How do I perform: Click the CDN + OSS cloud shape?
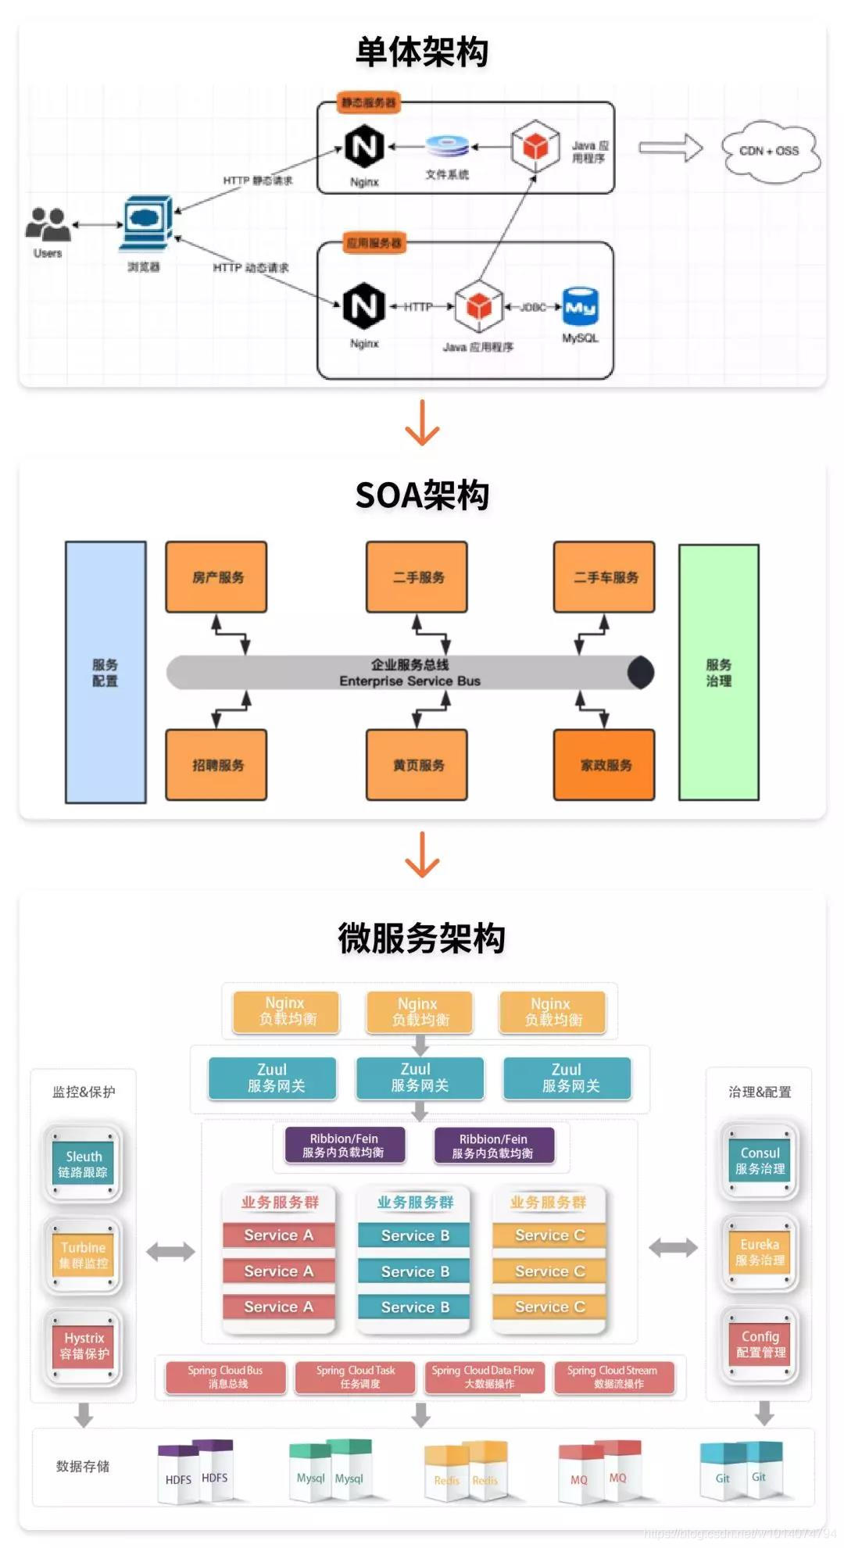click(x=769, y=151)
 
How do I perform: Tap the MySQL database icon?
click(x=581, y=306)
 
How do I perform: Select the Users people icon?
click(x=48, y=224)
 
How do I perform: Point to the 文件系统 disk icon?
click(x=447, y=146)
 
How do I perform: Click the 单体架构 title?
click(x=422, y=52)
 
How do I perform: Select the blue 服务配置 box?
click(x=105, y=672)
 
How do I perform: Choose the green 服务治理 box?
click(x=718, y=672)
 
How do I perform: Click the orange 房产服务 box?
click(x=216, y=577)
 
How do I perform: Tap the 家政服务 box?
click(x=604, y=764)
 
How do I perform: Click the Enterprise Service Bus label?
click(x=409, y=681)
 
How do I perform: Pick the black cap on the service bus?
click(x=642, y=673)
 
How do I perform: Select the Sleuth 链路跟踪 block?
click(x=83, y=1164)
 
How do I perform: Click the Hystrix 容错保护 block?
click(x=84, y=1346)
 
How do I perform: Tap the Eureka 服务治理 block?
click(x=760, y=1252)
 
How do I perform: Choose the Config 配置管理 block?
click(x=760, y=1344)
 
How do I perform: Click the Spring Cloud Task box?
click(x=356, y=1377)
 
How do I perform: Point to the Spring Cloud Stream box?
click(x=613, y=1377)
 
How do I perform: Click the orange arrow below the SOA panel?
click(x=422, y=855)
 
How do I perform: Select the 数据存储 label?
click(x=83, y=1466)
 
